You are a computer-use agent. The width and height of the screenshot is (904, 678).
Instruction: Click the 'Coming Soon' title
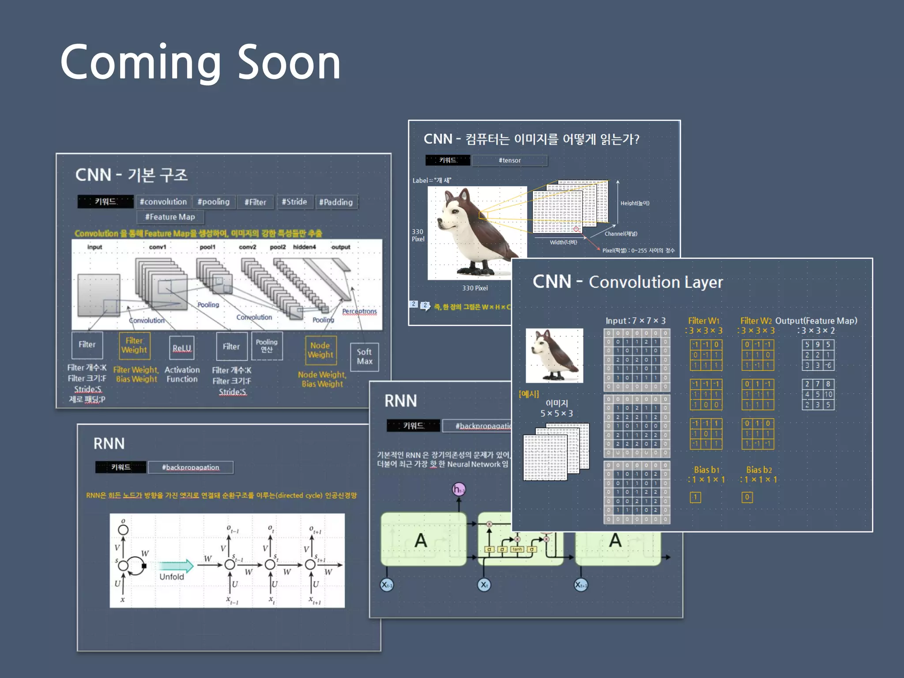point(200,63)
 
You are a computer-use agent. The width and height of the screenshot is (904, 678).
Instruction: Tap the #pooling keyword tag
point(213,202)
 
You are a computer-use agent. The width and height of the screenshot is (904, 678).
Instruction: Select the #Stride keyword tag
point(294,202)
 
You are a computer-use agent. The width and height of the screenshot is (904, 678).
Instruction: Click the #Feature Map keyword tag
point(170,217)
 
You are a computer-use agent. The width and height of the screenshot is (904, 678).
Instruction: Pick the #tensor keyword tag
point(509,160)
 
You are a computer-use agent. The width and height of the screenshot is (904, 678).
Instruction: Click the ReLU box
point(181,348)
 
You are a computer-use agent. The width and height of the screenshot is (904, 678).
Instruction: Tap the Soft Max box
point(364,357)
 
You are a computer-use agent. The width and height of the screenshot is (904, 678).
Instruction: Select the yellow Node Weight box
point(320,350)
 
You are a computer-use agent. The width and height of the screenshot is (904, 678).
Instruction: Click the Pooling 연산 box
point(267,346)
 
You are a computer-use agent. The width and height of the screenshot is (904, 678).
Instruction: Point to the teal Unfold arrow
point(176,566)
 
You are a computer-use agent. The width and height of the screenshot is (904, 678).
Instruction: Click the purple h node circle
point(459,489)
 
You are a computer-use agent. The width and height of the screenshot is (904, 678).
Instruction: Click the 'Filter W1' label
point(704,321)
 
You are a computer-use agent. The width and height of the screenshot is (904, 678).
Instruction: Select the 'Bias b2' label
point(759,470)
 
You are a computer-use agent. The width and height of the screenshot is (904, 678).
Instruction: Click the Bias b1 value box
point(695,497)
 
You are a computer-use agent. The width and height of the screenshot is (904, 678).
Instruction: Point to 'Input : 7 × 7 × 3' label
point(635,321)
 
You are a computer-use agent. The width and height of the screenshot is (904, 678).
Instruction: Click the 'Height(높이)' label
point(635,203)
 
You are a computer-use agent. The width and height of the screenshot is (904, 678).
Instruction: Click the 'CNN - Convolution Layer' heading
point(628,282)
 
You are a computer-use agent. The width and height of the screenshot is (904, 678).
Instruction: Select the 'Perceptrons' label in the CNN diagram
point(359,311)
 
